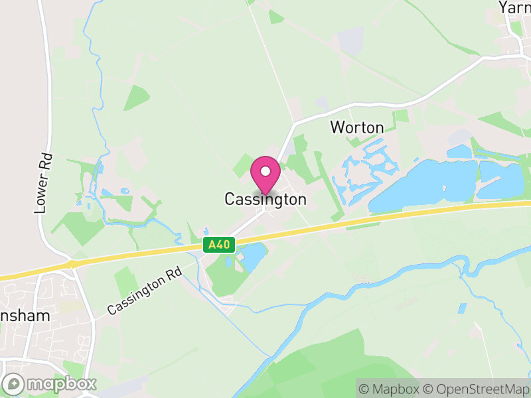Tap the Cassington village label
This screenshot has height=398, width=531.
(x=265, y=199)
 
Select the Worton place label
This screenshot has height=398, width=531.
(x=357, y=127)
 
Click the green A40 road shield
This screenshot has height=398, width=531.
(x=218, y=245)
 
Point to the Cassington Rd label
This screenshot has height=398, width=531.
(x=144, y=291)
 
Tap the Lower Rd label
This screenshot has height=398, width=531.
(x=44, y=184)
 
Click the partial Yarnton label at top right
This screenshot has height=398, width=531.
(x=515, y=7)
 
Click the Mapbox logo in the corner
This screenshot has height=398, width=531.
(x=50, y=383)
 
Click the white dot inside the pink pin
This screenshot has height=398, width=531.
(x=265, y=171)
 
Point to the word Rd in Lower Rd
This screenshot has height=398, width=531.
(x=44, y=163)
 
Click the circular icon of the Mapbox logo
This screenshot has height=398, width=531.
(x=14, y=383)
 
